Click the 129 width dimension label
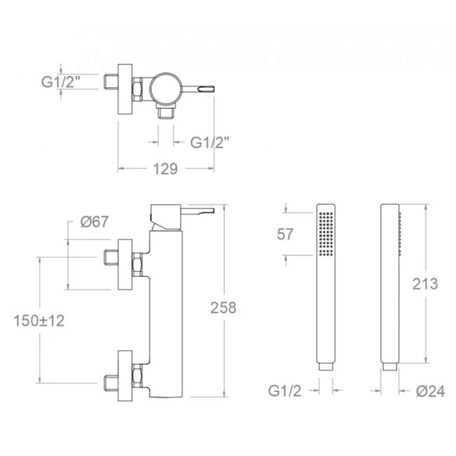165,169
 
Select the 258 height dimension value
223,308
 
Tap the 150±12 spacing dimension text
39,321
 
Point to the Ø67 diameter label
94,222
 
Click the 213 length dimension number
425,284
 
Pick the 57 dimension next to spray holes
285,234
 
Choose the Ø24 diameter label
430,391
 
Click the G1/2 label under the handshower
285,391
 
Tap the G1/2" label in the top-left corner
61,82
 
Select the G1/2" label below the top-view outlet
210,142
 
